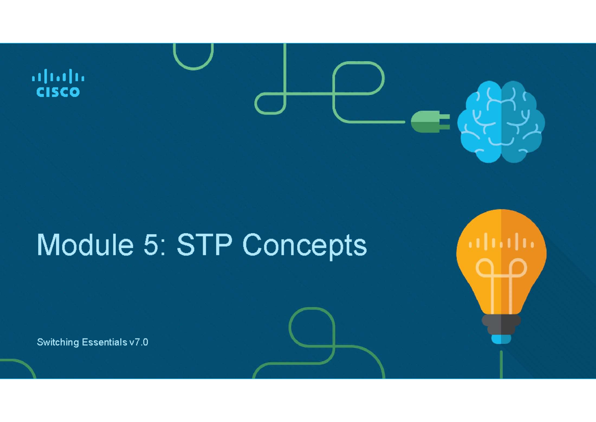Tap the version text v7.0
tap(139, 342)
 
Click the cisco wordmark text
tap(58, 92)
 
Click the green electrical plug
tap(427, 122)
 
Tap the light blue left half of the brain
tap(480, 122)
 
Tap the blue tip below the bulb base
tap(501, 339)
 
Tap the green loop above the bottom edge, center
tap(310, 331)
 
